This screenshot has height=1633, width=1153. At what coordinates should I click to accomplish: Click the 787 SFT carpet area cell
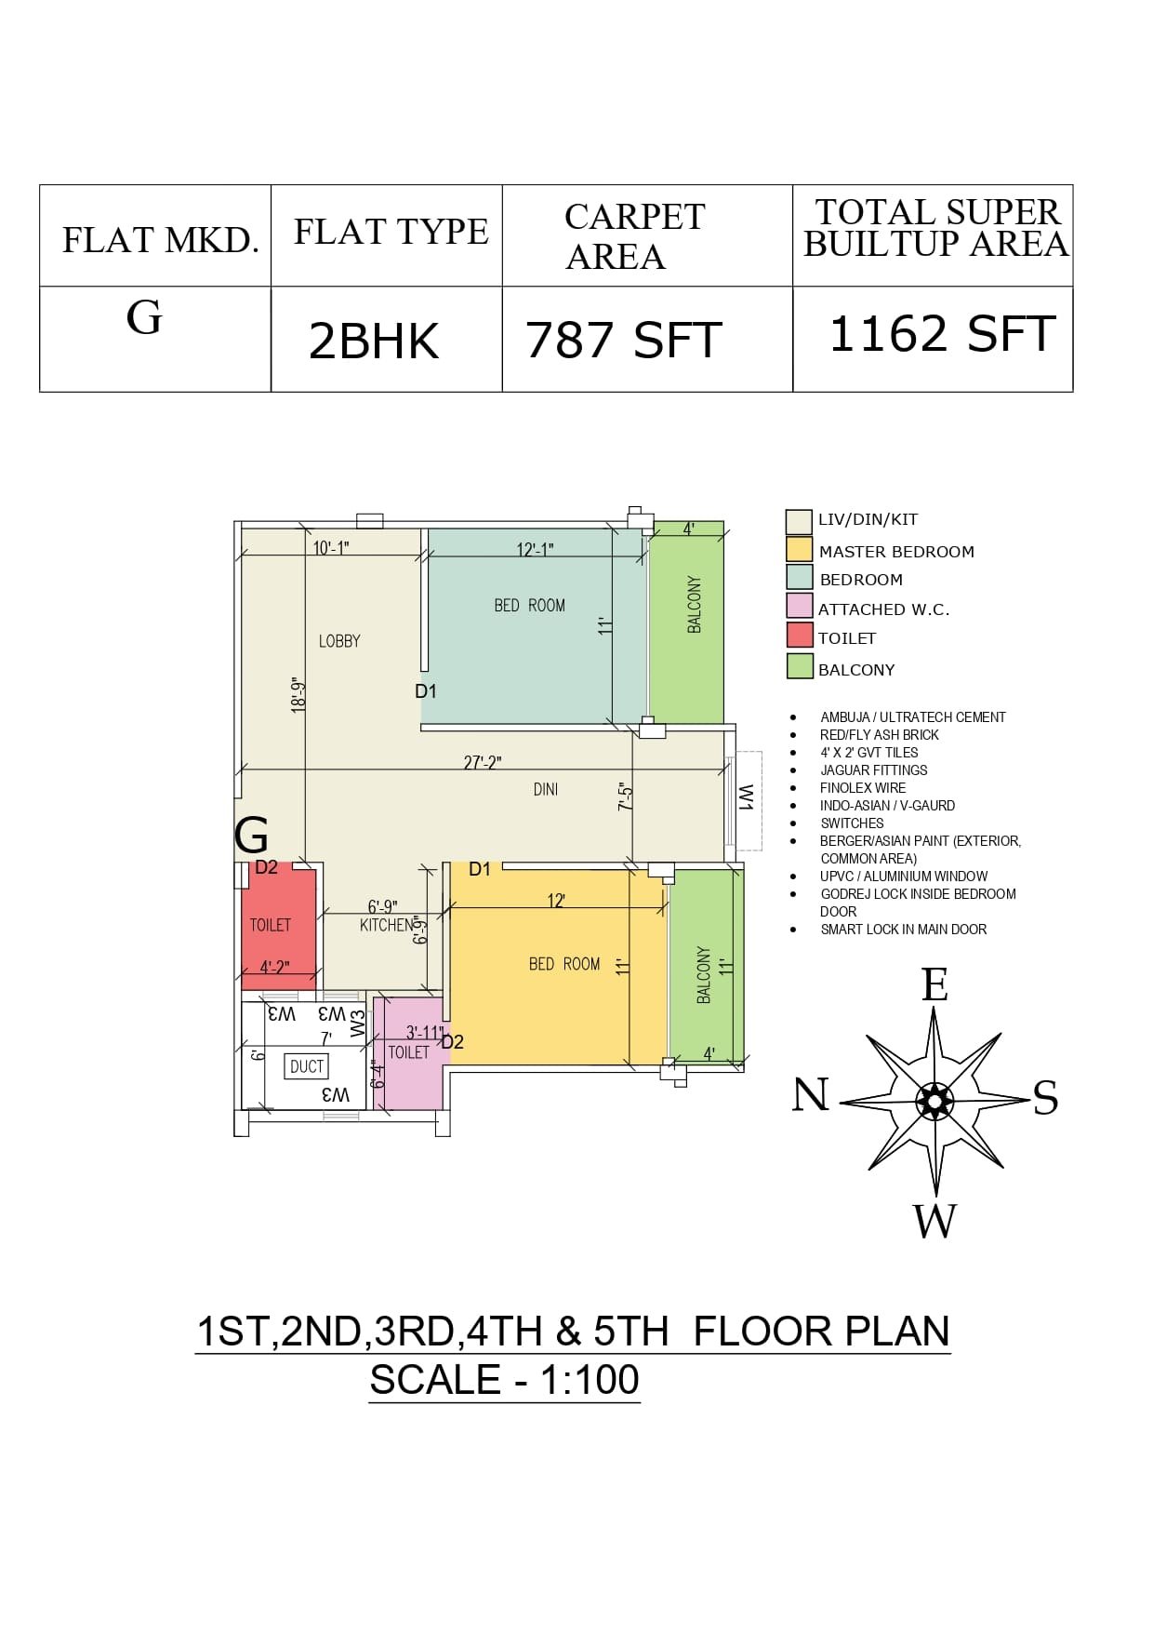coord(624,340)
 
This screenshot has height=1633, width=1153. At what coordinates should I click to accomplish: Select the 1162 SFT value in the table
coord(942,334)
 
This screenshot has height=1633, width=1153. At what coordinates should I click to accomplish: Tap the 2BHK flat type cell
coord(374,341)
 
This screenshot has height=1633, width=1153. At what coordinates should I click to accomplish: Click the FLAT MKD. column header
coord(160,240)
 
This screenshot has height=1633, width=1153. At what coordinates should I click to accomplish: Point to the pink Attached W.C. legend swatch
coord(800,606)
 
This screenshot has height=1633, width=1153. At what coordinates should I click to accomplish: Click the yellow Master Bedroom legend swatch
coord(800,549)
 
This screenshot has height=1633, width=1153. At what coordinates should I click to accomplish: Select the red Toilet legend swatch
coord(800,636)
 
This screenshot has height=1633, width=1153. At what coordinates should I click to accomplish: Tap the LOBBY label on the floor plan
coord(339,641)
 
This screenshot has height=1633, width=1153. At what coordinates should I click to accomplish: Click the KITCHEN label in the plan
coord(387,925)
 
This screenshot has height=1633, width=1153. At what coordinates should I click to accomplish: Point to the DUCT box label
coord(307,1066)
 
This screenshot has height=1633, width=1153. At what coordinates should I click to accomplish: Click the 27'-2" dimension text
coord(483,763)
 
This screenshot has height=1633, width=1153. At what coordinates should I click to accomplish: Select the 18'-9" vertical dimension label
coord(298,695)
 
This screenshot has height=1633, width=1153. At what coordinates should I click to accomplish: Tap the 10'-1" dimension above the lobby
coord(331,548)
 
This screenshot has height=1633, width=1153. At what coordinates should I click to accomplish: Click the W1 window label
coord(746,797)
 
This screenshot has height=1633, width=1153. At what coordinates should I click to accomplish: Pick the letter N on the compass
coord(811,1094)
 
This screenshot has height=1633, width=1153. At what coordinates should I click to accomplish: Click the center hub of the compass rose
coord(934,1101)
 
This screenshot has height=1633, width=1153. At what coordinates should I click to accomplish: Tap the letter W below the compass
coord(934,1221)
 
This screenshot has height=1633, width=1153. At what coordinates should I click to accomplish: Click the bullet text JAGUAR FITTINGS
coord(874,770)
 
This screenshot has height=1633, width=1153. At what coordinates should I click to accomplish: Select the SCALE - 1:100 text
coord(505,1379)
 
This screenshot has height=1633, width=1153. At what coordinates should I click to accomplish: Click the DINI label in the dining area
coord(546,790)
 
